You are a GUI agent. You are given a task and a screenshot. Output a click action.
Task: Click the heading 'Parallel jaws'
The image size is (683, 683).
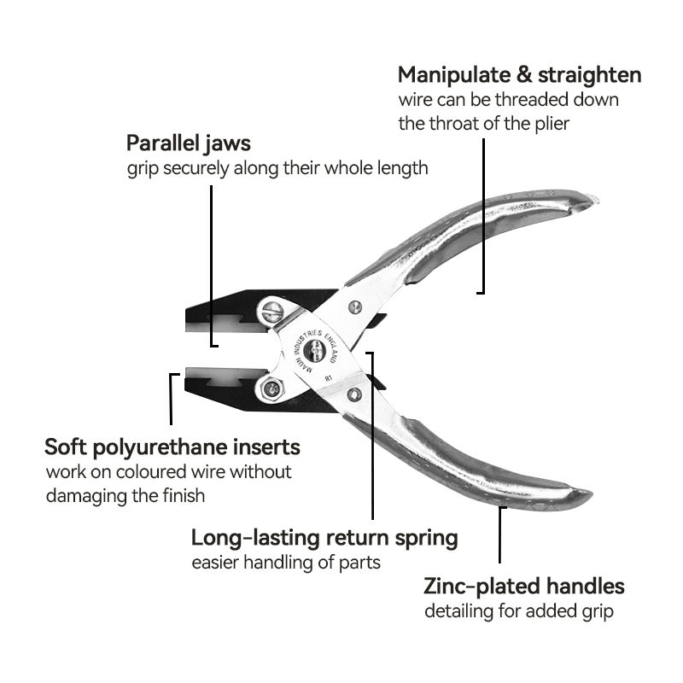click(x=189, y=143)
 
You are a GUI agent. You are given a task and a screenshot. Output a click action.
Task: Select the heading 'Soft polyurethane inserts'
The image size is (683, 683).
click(x=172, y=447)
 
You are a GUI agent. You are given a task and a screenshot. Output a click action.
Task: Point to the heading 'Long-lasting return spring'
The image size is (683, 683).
click(x=324, y=538)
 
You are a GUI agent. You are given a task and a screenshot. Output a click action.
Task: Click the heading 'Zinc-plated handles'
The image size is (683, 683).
click(x=524, y=587)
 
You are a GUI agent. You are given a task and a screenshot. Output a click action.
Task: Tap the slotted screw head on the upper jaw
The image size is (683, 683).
click(x=272, y=312)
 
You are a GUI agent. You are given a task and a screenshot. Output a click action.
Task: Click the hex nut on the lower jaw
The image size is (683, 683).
click(x=271, y=389)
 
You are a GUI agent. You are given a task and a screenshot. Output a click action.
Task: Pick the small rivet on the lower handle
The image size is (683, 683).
click(x=353, y=394)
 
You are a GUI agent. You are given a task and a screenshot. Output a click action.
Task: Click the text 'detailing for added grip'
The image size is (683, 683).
click(x=519, y=611)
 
